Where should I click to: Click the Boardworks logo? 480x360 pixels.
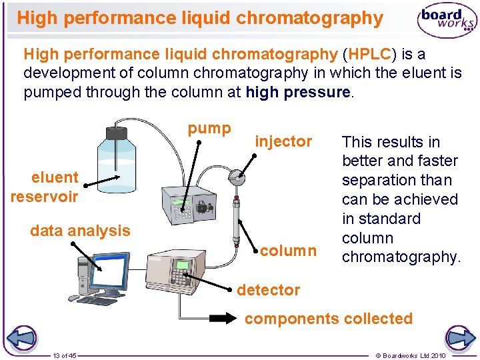coord(447,21)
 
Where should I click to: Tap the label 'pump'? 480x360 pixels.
coord(209,128)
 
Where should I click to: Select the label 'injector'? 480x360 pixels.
coord(283,141)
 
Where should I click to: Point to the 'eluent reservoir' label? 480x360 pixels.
coord(45,187)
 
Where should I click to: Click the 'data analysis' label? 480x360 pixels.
coord(80,231)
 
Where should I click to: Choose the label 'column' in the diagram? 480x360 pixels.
coord(288,251)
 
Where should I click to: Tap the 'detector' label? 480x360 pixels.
coord(269,290)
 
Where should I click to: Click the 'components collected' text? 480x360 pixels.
coord(328,319)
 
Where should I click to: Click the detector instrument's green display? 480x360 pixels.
coord(182,265)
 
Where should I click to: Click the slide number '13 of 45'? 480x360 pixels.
coord(65,355)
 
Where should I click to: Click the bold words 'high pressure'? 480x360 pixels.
coord(297,92)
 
